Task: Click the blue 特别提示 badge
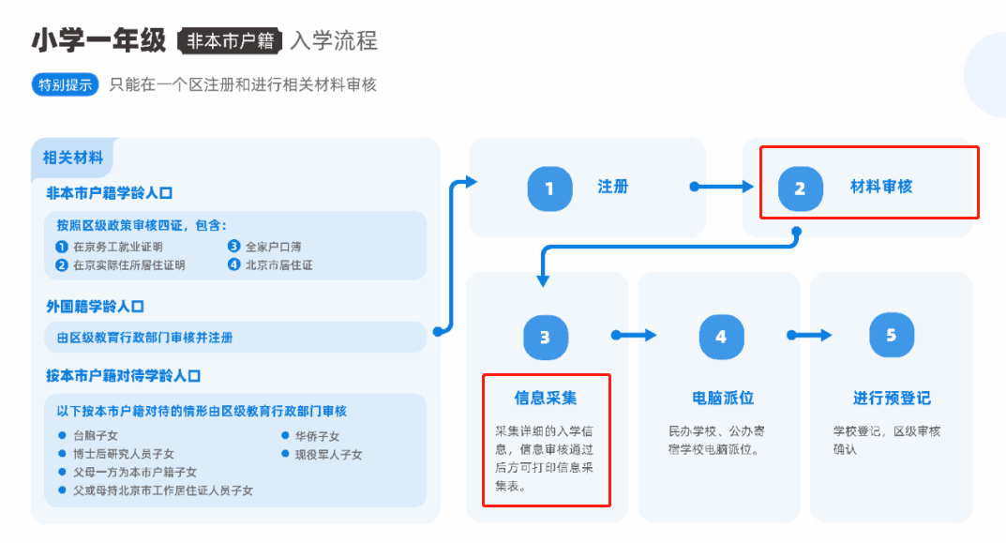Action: coord(66,84)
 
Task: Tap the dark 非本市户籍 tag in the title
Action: coord(230,41)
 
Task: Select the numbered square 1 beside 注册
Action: coord(549,189)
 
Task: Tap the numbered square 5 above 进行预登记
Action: coord(892,335)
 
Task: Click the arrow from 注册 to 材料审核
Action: coord(722,187)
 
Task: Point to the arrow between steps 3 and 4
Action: coord(634,335)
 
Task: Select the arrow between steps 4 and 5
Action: coord(809,335)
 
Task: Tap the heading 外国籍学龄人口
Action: coord(96,307)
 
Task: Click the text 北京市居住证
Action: coord(278,265)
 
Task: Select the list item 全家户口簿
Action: coord(273,248)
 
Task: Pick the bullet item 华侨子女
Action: coord(317,436)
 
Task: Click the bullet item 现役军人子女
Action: coord(328,455)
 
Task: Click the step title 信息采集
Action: coord(546,398)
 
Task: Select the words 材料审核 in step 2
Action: coord(881,187)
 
